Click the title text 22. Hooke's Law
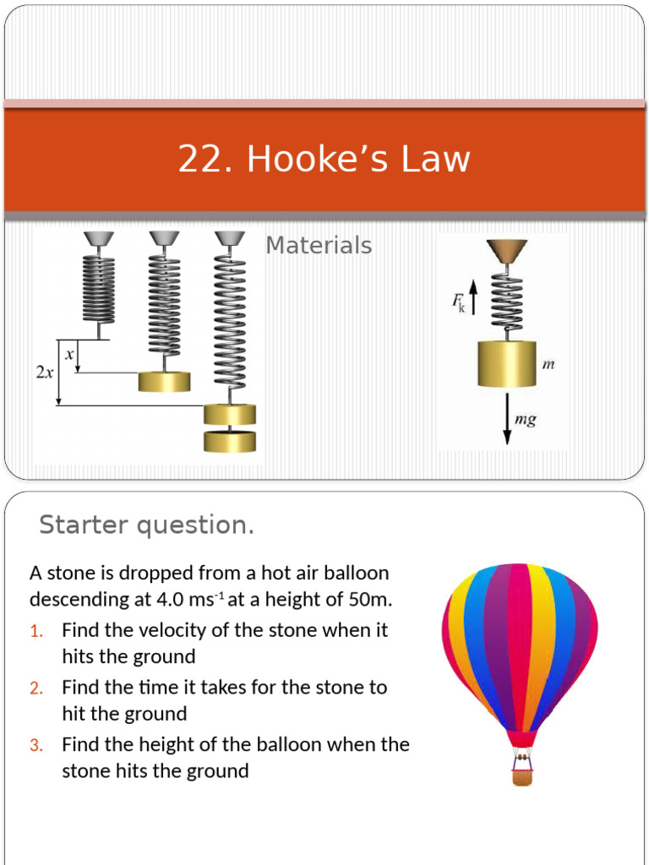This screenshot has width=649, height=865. click(x=324, y=160)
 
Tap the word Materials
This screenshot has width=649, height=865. click(x=319, y=246)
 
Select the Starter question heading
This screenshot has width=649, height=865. click(x=146, y=525)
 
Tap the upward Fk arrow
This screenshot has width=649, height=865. click(x=473, y=296)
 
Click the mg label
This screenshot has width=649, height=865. click(x=526, y=419)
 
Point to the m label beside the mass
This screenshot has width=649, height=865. click(x=547, y=364)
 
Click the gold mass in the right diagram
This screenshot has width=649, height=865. click(x=507, y=363)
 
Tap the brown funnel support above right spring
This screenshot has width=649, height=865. click(x=506, y=250)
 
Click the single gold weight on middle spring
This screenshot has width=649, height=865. click(x=165, y=381)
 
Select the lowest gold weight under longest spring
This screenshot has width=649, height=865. click(x=229, y=441)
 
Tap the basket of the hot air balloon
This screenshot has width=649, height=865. click(x=522, y=776)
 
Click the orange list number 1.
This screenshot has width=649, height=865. click(x=35, y=631)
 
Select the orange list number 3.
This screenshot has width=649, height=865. click(x=35, y=745)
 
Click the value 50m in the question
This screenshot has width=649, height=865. click(x=372, y=600)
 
